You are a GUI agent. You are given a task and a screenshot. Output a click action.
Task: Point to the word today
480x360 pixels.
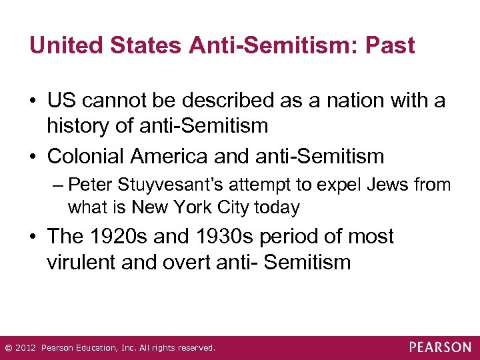coord(276,207)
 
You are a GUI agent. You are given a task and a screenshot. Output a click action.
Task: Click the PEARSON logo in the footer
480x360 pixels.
coord(441,347)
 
